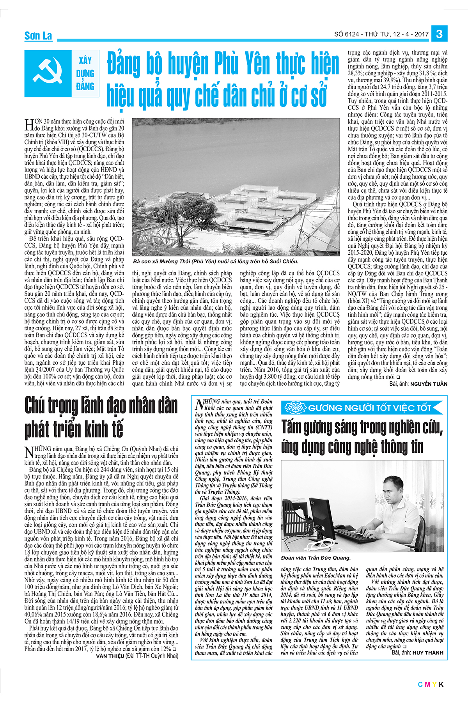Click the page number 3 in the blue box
click(x=439, y=34)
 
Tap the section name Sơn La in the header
click(x=38, y=36)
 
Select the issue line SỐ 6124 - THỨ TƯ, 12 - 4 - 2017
click(x=381, y=34)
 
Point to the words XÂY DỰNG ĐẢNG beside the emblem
click(x=85, y=73)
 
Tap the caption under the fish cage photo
click(x=216, y=261)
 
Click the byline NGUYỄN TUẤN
click(x=429, y=384)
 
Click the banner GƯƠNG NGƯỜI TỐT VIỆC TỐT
click(x=369, y=408)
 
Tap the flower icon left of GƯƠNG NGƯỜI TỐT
click(x=295, y=408)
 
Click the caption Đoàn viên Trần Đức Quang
click(x=316, y=558)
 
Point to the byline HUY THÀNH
click(x=428, y=653)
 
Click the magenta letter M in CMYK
click(x=427, y=684)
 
